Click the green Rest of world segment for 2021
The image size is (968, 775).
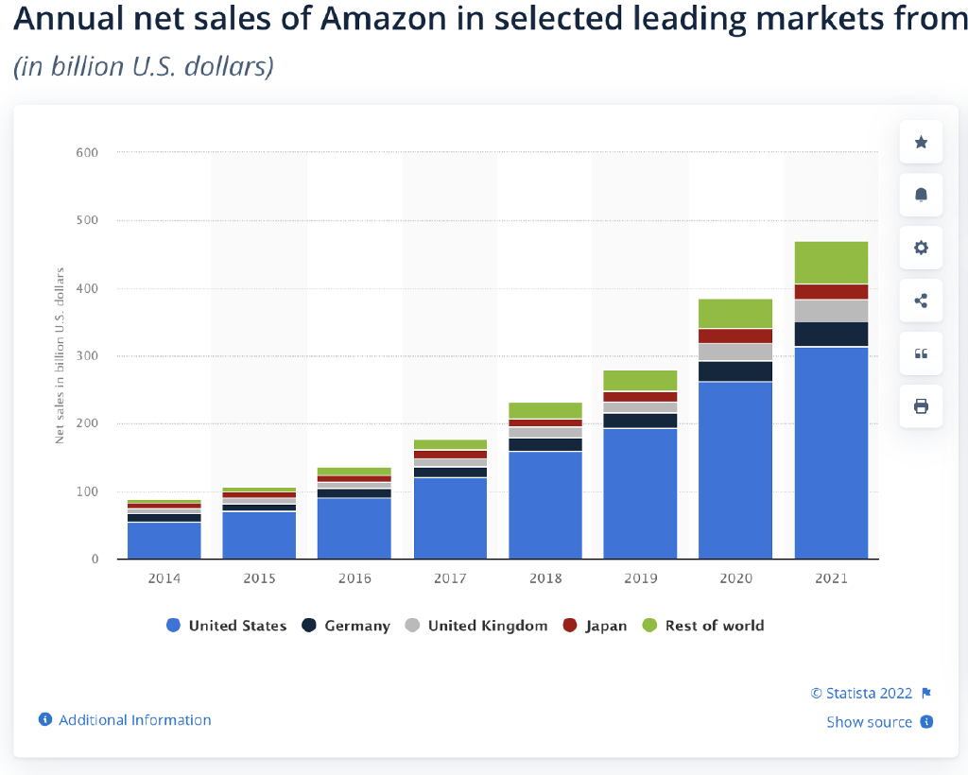pos(831,263)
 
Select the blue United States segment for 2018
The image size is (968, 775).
pos(545,505)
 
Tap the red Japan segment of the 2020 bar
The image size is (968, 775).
pos(735,336)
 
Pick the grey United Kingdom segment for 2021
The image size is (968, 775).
pos(831,311)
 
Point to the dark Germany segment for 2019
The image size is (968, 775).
pos(640,421)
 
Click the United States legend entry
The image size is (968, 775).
pos(226,626)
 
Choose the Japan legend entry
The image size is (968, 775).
pos(595,626)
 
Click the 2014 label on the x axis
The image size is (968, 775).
pos(164,578)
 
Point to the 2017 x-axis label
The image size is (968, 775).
pos(450,578)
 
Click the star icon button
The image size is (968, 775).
pos(921,143)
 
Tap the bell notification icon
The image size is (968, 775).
pos(921,195)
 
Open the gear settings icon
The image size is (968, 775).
pos(921,248)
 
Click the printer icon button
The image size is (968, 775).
pos(921,406)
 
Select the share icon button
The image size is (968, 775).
pos(921,301)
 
